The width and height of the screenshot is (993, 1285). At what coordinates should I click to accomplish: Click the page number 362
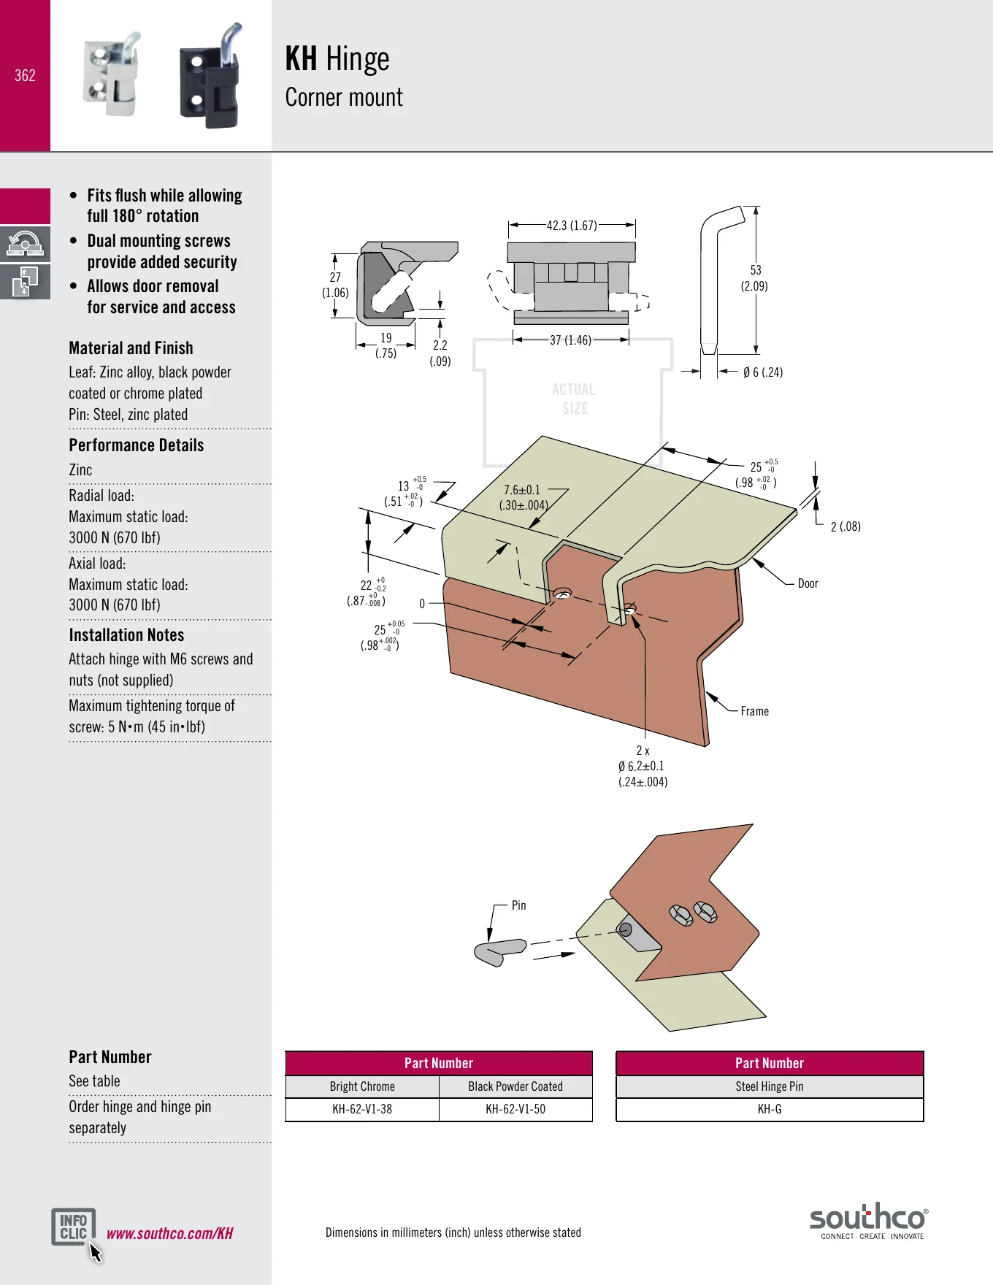pyautogui.click(x=25, y=75)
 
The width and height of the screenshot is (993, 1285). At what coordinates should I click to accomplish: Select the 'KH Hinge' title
pyautogui.click(x=337, y=58)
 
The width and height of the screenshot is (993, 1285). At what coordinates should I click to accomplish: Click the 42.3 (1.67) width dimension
pyautogui.click(x=572, y=226)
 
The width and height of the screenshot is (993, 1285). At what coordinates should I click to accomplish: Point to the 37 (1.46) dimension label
pyautogui.click(x=570, y=340)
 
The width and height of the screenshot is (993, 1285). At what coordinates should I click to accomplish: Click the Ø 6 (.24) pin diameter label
pyautogui.click(x=763, y=372)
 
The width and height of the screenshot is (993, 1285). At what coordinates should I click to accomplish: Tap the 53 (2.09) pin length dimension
pyautogui.click(x=755, y=278)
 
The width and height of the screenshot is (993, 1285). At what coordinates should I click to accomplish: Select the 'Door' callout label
pyautogui.click(x=808, y=583)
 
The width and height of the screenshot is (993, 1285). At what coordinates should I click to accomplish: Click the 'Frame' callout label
pyautogui.click(x=754, y=711)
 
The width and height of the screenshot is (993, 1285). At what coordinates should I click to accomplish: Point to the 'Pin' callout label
pyautogui.click(x=518, y=905)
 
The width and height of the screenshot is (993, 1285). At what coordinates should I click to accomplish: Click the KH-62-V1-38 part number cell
pyautogui.click(x=362, y=1109)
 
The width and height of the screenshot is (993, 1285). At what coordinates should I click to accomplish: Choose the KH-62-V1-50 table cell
pyautogui.click(x=515, y=1109)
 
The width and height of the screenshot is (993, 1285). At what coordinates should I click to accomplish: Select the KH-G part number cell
pyautogui.click(x=770, y=1109)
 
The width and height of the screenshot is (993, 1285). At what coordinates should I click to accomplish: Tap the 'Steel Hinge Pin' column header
pyautogui.click(x=770, y=1086)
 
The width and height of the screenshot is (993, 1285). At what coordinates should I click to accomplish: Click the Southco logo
pyautogui.click(x=868, y=1221)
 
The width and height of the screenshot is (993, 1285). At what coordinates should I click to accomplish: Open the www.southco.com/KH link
pyautogui.click(x=170, y=1233)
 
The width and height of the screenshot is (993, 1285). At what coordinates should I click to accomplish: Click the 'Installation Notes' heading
pyautogui.click(x=126, y=635)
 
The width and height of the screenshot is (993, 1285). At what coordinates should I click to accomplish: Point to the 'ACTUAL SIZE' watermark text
pyautogui.click(x=574, y=399)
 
